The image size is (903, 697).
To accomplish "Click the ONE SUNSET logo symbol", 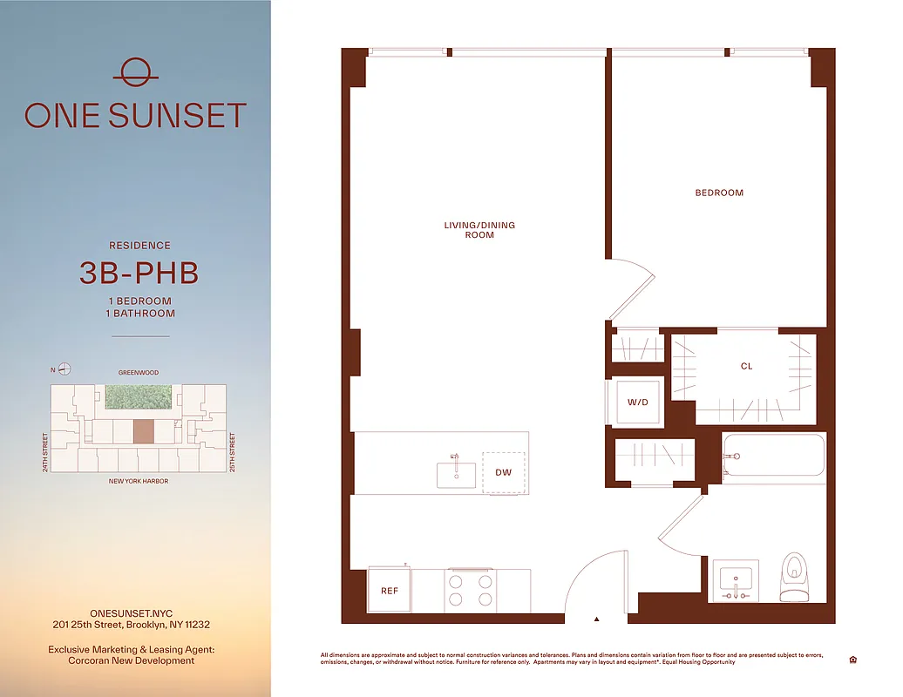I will click(135, 71).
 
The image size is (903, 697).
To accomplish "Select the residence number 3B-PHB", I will click(139, 274).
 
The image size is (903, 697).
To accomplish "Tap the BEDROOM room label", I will click(719, 193).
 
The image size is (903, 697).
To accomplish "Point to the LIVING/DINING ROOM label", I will click(479, 230).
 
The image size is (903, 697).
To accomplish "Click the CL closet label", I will click(746, 367).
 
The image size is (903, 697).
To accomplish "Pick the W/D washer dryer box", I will click(637, 403).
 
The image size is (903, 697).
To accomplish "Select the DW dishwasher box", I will click(504, 473).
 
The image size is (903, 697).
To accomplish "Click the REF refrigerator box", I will click(390, 591).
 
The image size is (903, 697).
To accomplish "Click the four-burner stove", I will click(470, 590).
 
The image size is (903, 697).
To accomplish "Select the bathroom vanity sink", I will click(736, 579).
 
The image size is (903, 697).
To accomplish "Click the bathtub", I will click(773, 456).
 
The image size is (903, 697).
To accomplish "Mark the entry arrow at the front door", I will click(597, 619).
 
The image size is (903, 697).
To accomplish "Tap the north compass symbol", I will click(64, 369).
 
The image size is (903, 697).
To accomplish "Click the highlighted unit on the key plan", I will click(142, 430).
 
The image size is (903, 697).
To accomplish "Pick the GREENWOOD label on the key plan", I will click(139, 373).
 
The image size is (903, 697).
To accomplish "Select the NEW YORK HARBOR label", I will click(138, 481).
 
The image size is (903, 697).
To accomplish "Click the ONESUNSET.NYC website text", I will click(131, 613).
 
